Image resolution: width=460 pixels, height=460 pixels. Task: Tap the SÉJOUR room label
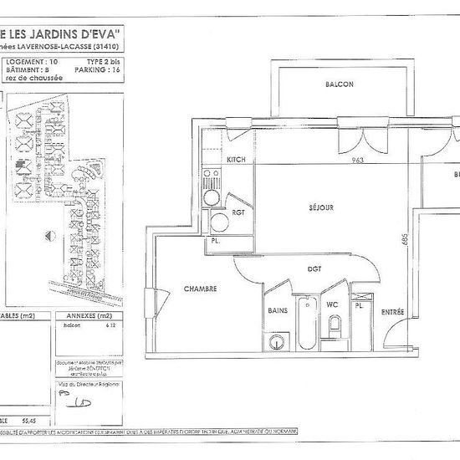(321, 207)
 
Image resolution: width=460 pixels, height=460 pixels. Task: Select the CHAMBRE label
(201, 289)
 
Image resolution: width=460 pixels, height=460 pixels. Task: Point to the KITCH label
(235, 159)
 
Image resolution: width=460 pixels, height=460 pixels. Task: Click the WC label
(332, 304)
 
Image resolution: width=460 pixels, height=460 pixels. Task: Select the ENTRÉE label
(393, 312)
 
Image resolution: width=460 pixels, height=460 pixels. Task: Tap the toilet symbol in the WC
(334, 327)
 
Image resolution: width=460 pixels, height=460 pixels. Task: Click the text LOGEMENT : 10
(32, 62)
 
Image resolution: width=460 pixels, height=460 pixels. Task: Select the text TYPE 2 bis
(103, 62)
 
